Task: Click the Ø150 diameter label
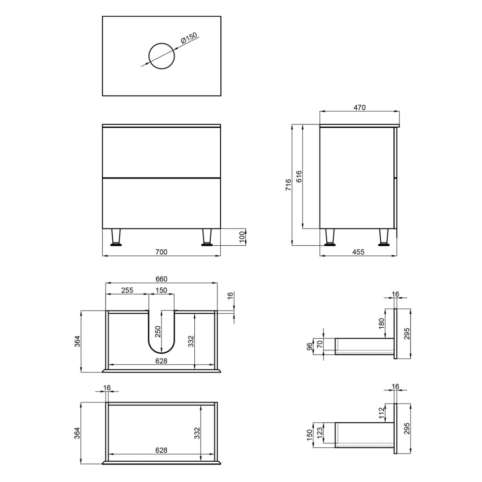(189, 38)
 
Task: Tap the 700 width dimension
(161, 252)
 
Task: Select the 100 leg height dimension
(242, 237)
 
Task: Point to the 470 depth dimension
(360, 107)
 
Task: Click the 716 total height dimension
(288, 185)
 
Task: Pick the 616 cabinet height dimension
(299, 176)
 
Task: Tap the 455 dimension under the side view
(358, 252)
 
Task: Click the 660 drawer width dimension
(161, 279)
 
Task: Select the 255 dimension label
(127, 290)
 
